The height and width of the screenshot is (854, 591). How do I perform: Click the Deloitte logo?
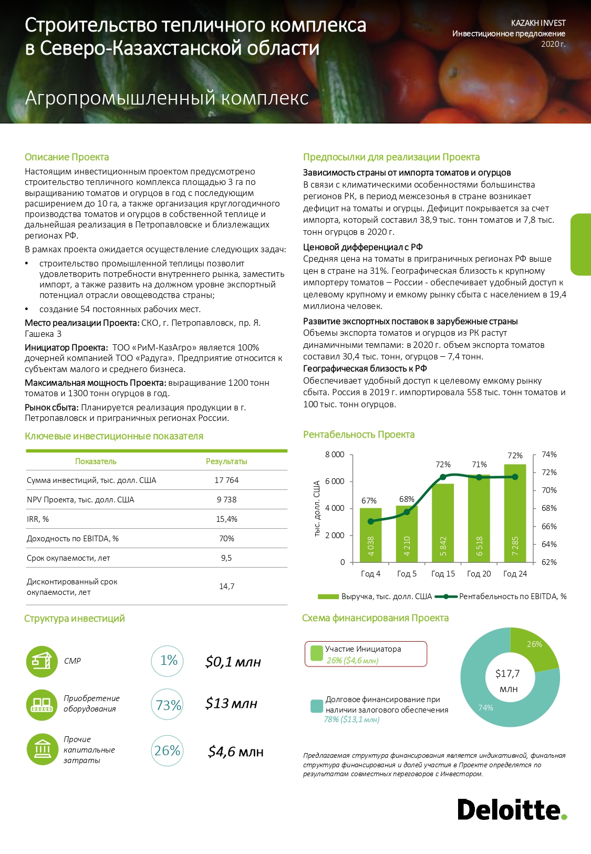click(x=512, y=810)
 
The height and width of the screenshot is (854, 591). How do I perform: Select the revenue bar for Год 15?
click(x=443, y=523)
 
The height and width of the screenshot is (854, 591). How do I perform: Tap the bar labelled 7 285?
click(x=515, y=513)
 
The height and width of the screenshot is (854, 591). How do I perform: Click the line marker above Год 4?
click(x=371, y=521)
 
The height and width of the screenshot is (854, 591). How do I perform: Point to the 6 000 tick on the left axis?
click(x=335, y=481)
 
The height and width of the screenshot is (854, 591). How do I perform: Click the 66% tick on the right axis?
click(x=549, y=527)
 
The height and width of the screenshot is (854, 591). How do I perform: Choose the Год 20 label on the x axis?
click(x=479, y=574)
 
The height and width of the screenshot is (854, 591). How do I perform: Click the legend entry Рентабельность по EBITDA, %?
click(x=512, y=596)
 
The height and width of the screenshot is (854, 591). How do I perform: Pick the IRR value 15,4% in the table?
click(x=226, y=519)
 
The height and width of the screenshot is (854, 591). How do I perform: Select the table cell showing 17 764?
click(x=226, y=480)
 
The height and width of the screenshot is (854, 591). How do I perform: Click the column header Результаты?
click(x=226, y=461)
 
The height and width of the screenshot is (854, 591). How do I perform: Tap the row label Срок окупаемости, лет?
click(x=68, y=558)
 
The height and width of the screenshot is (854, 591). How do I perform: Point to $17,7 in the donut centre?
click(x=507, y=674)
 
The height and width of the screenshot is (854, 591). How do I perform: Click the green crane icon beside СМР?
click(x=42, y=661)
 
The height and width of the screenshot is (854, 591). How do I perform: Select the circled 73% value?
click(x=168, y=705)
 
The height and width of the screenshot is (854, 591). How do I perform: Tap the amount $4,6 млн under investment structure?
click(x=235, y=752)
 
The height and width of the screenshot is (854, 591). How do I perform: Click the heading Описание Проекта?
click(x=67, y=157)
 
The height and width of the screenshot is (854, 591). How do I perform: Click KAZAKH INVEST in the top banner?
click(x=538, y=23)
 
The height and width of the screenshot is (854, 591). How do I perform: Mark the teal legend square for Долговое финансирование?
click(x=316, y=706)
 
